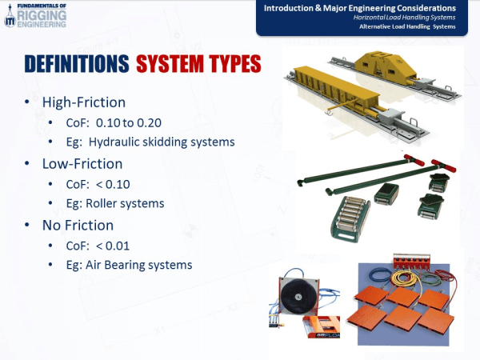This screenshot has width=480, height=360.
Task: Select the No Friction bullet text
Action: coord(78,225)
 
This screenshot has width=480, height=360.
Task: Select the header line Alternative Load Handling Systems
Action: coord(413,28)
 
